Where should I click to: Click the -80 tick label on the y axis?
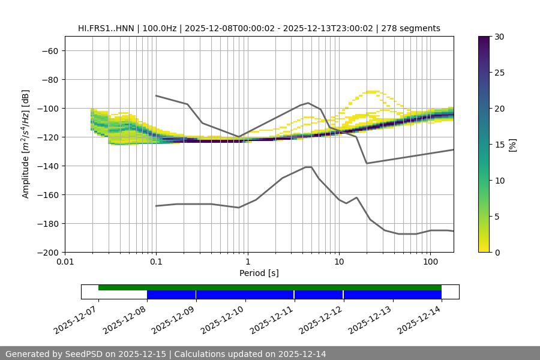49,80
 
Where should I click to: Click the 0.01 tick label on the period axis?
65,262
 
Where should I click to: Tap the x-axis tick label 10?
339,262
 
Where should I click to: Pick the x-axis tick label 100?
430,262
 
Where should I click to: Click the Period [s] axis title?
259,273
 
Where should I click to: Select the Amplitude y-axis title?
26,145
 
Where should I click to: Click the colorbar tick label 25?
499,73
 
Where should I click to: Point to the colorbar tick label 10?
499,181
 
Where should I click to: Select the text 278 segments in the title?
415,28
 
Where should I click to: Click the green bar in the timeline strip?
270,287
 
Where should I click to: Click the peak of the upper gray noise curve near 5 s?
308,103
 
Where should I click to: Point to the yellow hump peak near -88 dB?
373,91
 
